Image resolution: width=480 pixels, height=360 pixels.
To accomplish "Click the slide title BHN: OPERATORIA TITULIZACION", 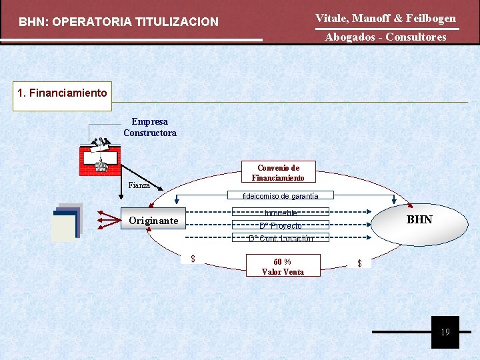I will [x=119, y=22].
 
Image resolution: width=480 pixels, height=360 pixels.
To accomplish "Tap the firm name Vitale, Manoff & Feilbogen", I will [x=385, y=18].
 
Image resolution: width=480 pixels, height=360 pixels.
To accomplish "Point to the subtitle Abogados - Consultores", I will [x=385, y=37].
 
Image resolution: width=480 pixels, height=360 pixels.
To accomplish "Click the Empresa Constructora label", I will [x=150, y=127].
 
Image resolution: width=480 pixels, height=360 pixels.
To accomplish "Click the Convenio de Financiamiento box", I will [x=278, y=173].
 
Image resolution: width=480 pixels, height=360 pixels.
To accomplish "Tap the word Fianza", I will [x=139, y=185].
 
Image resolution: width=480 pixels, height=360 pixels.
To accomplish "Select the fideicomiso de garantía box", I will [x=280, y=196].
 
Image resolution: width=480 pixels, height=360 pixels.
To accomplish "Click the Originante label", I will [x=153, y=221].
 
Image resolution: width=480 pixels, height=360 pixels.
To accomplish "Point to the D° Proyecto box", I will [x=280, y=225].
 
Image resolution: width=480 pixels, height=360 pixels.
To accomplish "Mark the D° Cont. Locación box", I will [x=280, y=238].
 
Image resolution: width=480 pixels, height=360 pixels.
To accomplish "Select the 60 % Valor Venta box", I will [x=283, y=267].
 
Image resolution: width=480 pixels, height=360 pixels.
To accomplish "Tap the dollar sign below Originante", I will [x=193, y=259].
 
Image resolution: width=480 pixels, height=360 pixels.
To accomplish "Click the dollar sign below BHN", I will [x=359, y=263].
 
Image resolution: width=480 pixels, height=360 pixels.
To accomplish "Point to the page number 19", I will [x=445, y=332].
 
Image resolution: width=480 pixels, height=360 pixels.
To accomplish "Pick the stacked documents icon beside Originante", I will [x=67, y=222].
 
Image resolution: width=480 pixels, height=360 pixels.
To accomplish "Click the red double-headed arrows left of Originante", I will [x=107, y=219].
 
